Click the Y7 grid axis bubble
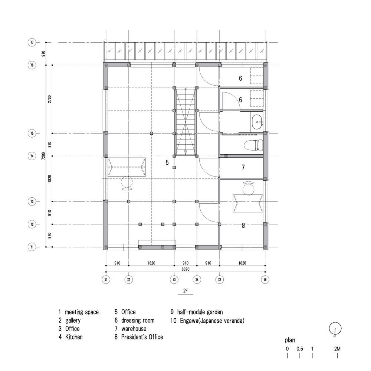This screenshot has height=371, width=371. click(x=32, y=43)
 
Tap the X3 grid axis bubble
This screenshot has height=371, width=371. click(x=174, y=279)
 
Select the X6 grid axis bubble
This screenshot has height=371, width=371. click(x=265, y=279)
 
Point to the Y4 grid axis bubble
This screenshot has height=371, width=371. click(x=32, y=156)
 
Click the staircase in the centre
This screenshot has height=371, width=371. click(x=185, y=122)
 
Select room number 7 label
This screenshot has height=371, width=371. click(x=243, y=167)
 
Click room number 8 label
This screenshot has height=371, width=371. click(x=243, y=225)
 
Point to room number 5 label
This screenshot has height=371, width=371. click(x=167, y=162)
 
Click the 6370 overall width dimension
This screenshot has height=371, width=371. click(x=185, y=269)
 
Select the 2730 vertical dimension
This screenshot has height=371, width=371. click(x=50, y=99)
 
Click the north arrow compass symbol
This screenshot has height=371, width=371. click(x=335, y=328)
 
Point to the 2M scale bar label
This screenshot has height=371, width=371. click(x=337, y=349)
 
